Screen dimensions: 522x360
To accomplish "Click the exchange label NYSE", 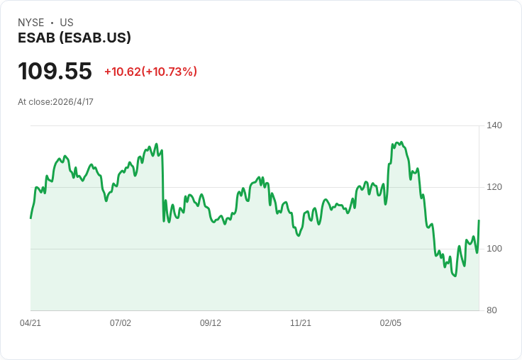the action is pyautogui.click(x=31, y=23).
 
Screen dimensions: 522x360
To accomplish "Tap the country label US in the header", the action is pyautogui.click(x=67, y=23).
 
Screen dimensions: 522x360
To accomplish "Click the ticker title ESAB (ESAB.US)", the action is pyautogui.click(x=74, y=38).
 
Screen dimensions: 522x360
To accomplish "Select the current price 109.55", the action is pyautogui.click(x=55, y=71).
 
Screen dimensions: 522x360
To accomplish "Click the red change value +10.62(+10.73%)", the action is pyautogui.click(x=151, y=72).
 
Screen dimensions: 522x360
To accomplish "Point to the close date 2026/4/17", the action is pyautogui.click(x=73, y=102).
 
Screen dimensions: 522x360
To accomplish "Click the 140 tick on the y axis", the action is pyautogui.click(x=494, y=125).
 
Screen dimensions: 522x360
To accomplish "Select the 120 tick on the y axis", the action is pyautogui.click(x=494, y=187).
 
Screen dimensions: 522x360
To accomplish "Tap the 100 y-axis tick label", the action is pyautogui.click(x=494, y=249).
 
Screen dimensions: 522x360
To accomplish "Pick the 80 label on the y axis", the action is pyautogui.click(x=492, y=310).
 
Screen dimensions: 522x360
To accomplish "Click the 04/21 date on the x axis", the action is pyautogui.click(x=30, y=322).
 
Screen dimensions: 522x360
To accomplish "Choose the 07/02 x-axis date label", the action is pyautogui.click(x=121, y=322).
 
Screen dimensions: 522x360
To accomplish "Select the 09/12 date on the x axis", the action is pyautogui.click(x=211, y=322).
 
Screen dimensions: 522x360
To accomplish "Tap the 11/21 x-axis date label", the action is pyautogui.click(x=301, y=322).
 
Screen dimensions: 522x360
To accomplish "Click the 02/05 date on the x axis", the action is pyautogui.click(x=391, y=322).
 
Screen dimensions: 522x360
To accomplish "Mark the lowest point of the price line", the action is pyautogui.click(x=455, y=276).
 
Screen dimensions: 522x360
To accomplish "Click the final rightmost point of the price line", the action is pyautogui.click(x=479, y=220).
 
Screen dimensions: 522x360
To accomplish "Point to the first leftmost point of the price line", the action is pyautogui.click(x=30, y=218).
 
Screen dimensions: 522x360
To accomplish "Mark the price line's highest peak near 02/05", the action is pyautogui.click(x=401, y=142).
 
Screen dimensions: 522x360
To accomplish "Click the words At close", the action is pyautogui.click(x=34, y=102).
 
